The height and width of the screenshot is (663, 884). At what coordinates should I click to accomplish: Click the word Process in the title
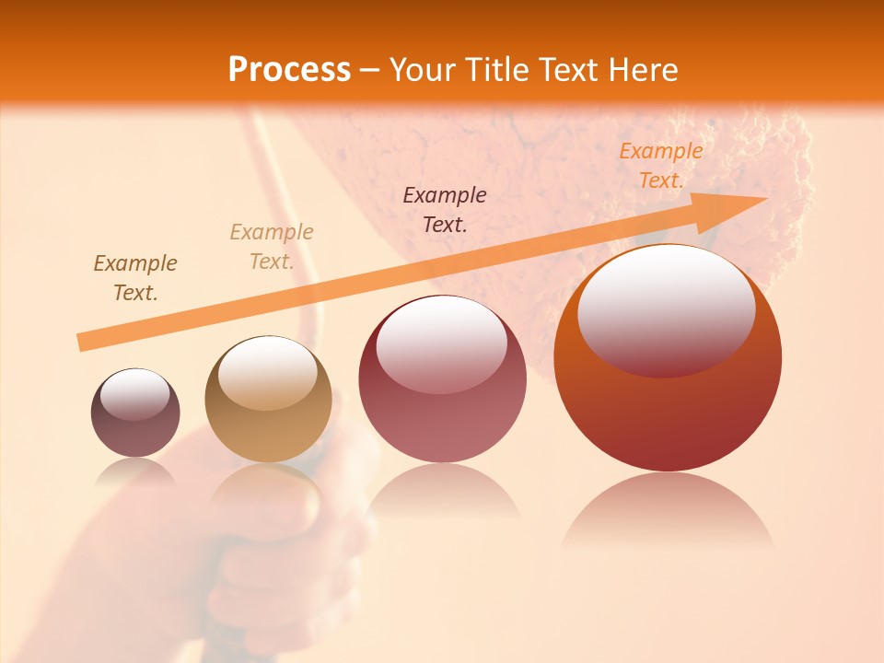289,70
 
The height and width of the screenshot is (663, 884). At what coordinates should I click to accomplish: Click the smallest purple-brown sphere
135,413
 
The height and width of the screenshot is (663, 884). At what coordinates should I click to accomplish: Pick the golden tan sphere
268,400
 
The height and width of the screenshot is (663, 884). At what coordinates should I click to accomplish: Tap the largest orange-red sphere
668,359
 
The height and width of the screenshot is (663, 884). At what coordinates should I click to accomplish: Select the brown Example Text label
135,278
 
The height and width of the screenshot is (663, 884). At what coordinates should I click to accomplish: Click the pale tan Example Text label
272,247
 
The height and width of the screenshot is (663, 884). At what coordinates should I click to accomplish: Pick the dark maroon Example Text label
445,209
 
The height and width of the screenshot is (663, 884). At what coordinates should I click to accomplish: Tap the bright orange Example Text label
660,166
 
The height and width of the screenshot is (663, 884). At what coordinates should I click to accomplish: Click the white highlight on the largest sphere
666,309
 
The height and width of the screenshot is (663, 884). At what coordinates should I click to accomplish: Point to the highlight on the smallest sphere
134,394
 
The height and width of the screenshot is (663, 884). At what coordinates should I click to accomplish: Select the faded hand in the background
230,543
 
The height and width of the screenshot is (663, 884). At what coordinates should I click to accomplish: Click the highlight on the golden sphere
267,372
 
